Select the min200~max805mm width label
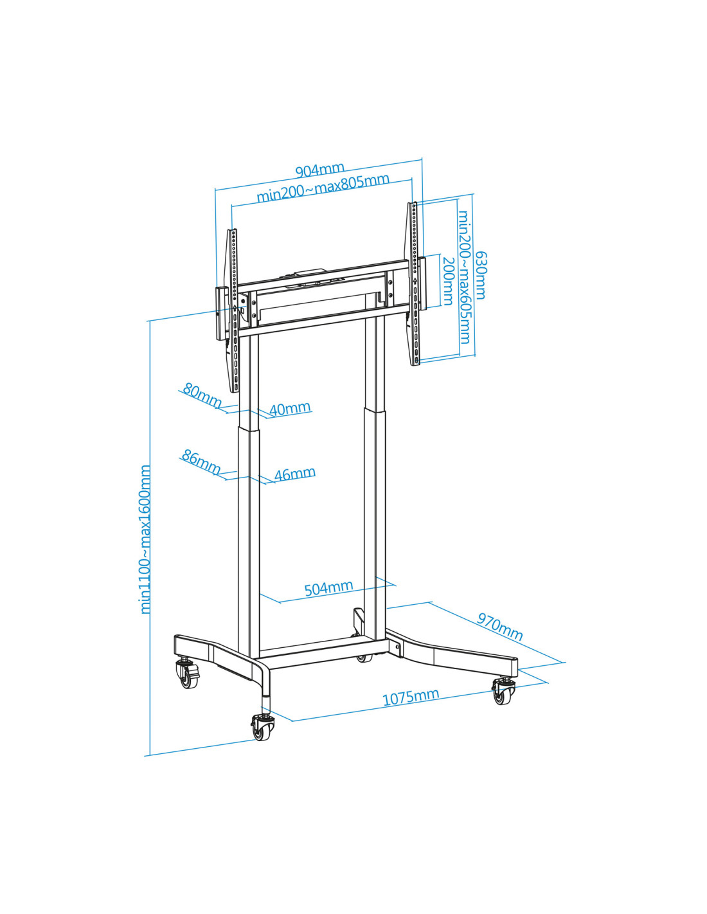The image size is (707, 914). tap(323, 187)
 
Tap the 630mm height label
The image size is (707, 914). tap(480, 275)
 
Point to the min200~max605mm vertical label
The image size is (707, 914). tap(464, 277)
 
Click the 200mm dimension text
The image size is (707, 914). tap(449, 281)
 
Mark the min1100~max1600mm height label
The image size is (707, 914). tap(145, 539)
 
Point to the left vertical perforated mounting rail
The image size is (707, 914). tap(233, 310)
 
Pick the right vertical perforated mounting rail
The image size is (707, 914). tap(414, 283)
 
